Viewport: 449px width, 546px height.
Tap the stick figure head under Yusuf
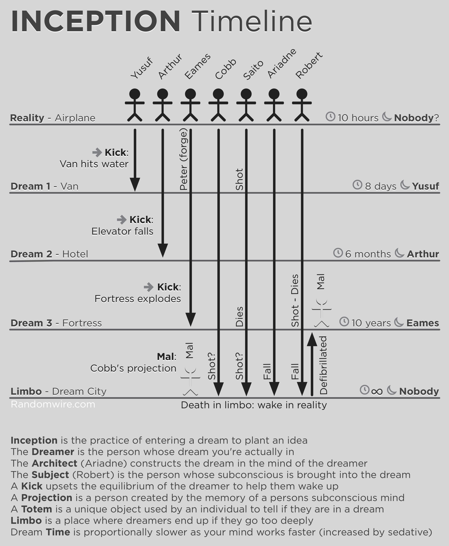(135, 94)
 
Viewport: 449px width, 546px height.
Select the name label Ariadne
(282, 64)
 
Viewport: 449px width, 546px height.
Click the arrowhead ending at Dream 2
(163, 250)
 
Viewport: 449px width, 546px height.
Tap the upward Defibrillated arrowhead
(312, 339)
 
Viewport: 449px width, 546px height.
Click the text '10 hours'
(358, 118)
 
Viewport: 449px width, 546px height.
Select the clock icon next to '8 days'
(357, 185)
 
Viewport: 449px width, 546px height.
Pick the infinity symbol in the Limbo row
(377, 392)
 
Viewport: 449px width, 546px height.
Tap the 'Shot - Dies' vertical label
(295, 301)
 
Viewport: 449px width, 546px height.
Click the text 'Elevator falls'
(122, 231)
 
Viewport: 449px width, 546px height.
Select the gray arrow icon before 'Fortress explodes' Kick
(148, 287)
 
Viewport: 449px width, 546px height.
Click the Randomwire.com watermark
(53, 404)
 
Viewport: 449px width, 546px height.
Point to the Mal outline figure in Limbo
(190, 381)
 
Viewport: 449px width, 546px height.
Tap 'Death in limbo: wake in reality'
(254, 405)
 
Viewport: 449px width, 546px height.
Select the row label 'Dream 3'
(31, 323)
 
